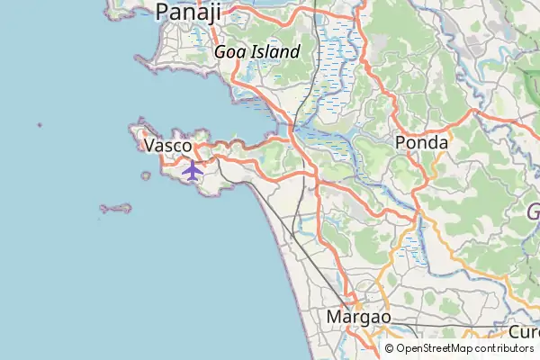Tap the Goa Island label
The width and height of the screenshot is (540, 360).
256,52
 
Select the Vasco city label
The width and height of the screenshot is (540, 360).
168,145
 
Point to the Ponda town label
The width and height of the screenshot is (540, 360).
422,143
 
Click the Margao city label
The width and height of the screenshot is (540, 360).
358,318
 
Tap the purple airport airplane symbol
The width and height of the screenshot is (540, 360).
192,169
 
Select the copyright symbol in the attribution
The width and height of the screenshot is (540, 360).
390,348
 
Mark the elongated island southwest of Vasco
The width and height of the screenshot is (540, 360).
116,209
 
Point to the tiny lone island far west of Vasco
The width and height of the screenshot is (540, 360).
40,125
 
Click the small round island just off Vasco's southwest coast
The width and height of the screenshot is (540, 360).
146,176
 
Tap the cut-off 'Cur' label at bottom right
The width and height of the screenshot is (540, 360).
523,332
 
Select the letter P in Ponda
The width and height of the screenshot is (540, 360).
401,143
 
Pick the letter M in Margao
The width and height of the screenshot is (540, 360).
332,318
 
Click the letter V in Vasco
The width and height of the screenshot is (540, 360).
149,145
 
